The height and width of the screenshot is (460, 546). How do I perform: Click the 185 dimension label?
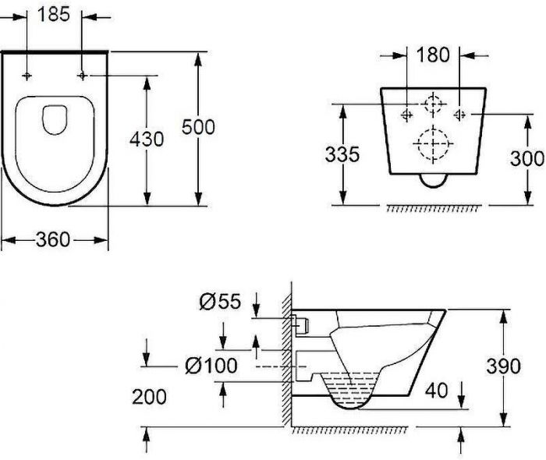54,15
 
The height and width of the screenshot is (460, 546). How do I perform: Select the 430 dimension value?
147,140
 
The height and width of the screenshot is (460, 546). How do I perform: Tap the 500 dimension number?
198,126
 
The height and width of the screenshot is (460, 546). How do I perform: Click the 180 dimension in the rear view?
433,55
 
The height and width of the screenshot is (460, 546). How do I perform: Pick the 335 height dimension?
342,154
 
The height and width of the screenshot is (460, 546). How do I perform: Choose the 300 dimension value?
527,157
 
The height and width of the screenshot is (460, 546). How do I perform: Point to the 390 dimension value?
504,366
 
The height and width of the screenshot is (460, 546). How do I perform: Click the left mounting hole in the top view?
27,75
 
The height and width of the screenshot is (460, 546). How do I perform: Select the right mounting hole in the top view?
83,75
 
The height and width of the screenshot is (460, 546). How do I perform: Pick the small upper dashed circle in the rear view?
433,105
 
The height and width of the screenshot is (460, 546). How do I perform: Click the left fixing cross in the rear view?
406,114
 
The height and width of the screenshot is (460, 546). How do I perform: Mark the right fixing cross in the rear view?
460,114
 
